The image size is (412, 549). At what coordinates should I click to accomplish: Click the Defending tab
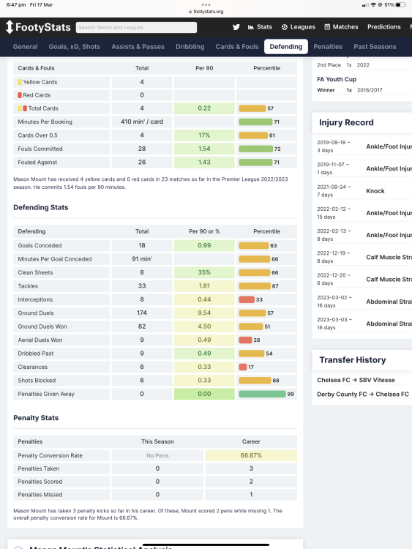tap(286, 47)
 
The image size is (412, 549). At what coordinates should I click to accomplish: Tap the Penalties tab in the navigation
tap(328, 47)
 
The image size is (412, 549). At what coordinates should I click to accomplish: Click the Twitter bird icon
tap(236, 27)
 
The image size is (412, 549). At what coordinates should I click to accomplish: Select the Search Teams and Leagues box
tap(136, 27)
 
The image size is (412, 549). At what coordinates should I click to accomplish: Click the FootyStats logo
tap(38, 27)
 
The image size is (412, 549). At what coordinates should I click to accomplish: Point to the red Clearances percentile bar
tap(243, 367)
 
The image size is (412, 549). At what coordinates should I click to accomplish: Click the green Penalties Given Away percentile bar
tap(262, 394)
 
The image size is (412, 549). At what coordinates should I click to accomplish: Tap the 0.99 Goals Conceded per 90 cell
tap(204, 245)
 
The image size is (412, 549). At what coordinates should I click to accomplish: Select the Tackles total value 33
tap(142, 286)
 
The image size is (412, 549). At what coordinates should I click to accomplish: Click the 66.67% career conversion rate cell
tap(251, 455)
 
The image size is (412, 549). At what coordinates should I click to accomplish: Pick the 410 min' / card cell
tap(142, 122)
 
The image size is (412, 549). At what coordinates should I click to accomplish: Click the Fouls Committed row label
tap(40, 149)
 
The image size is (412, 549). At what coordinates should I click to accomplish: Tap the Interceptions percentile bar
tap(247, 299)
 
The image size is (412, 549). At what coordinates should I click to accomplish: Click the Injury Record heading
tap(346, 122)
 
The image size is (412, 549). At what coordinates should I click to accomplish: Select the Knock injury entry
tap(375, 191)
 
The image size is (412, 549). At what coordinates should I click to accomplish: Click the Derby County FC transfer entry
tap(363, 395)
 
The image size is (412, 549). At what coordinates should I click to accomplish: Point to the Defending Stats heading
tap(40, 207)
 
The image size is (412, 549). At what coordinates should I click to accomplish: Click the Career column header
tap(251, 441)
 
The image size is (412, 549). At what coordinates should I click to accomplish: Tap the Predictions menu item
tap(384, 27)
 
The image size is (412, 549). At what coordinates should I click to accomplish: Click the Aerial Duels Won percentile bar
tap(245, 340)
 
